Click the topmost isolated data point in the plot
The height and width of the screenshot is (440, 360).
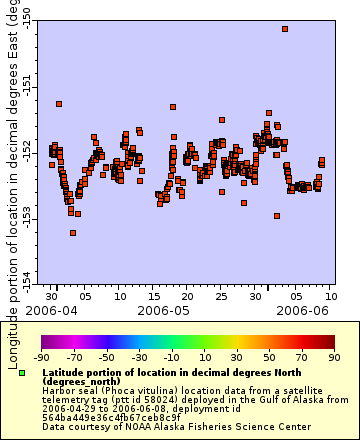coord(285,29)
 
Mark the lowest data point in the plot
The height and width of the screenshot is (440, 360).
coord(73,233)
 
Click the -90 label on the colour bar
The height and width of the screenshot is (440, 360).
coord(41,356)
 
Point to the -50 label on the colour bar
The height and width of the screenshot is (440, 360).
coord(107,356)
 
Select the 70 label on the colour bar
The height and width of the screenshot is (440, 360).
coord(302,356)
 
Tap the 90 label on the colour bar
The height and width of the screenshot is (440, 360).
coord(334,356)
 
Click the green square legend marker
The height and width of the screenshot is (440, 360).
coord(22,373)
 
